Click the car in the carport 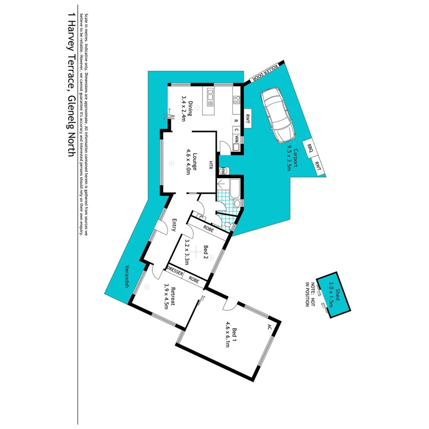(278, 115)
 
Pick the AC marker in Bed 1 (269, 327)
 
